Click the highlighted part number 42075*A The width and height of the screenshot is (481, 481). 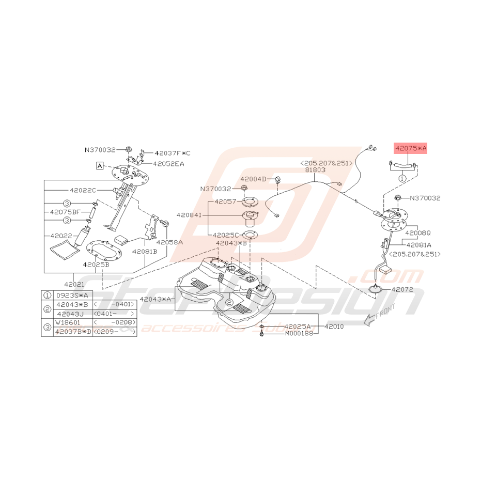[411, 149]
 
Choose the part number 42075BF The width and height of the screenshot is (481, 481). [66, 212]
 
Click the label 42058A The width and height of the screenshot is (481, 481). [170, 241]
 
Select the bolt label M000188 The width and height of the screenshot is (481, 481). [300, 334]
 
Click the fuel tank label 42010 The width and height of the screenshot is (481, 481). [334, 327]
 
